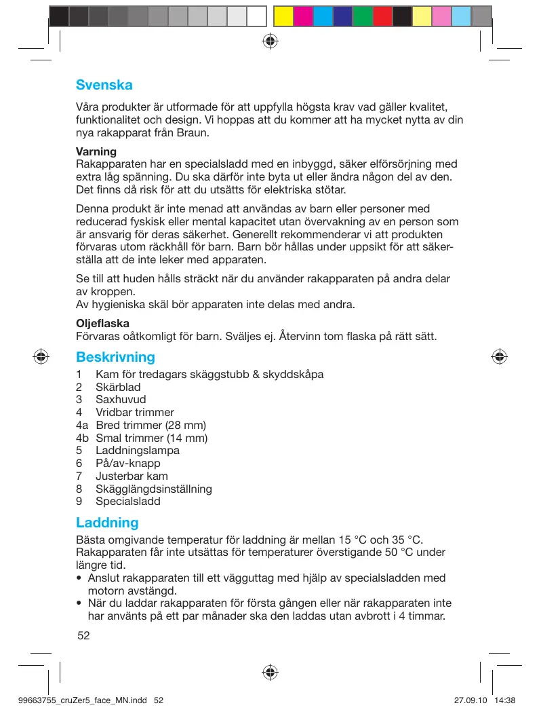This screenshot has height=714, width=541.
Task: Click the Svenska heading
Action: pyautogui.click(x=104, y=86)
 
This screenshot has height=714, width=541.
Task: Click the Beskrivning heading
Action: pyautogui.click(x=115, y=357)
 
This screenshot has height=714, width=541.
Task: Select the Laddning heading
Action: pyautogui.click(x=107, y=523)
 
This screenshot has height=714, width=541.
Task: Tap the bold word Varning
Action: pyautogui.click(x=96, y=151)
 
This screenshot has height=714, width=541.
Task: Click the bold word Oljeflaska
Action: pyautogui.click(x=102, y=323)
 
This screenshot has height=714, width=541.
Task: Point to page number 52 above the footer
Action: pyautogui.click(x=83, y=636)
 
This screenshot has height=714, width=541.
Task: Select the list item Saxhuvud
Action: pyautogui.click(x=121, y=400)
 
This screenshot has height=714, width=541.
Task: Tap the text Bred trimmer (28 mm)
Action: pyautogui.click(x=151, y=425)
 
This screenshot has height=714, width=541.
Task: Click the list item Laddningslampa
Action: pyautogui.click(x=138, y=451)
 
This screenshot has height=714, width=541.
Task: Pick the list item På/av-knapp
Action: pyautogui.click(x=128, y=463)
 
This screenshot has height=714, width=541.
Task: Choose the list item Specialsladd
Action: pyautogui.click(x=128, y=502)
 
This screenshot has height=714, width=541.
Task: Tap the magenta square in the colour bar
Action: pyautogui.click(x=303, y=16)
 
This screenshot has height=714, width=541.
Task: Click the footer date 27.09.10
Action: pyautogui.click(x=467, y=700)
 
